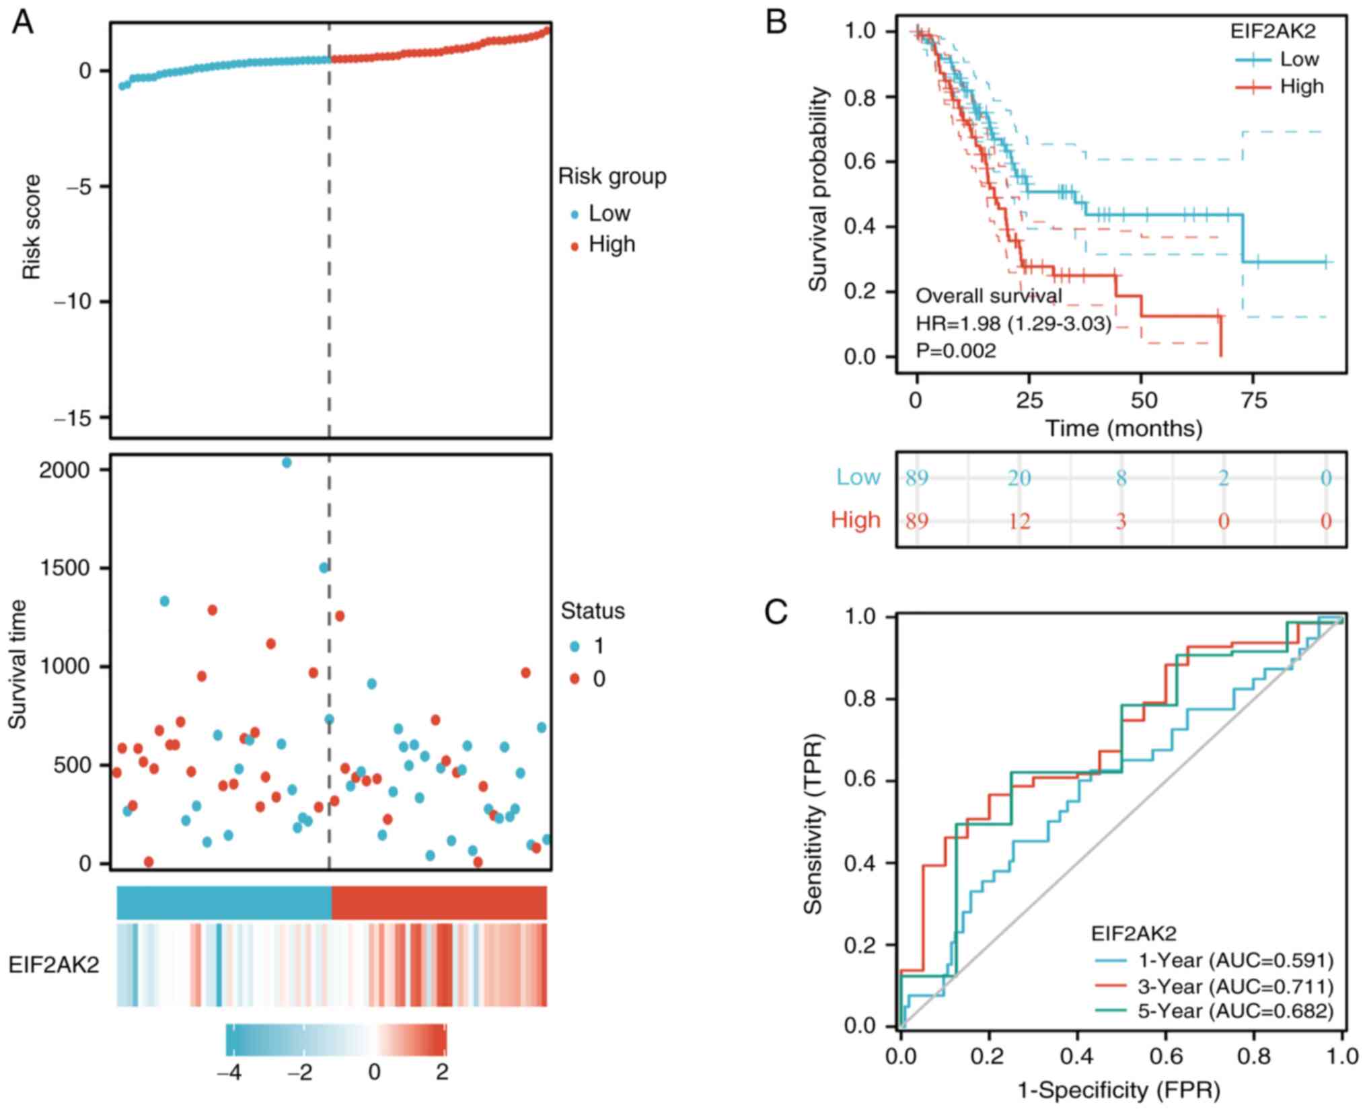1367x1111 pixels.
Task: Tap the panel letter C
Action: click(x=776, y=612)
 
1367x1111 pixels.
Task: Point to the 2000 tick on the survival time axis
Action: click(x=65, y=470)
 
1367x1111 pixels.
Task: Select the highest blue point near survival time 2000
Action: click(x=287, y=463)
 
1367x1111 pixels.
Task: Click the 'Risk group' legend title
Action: click(x=612, y=177)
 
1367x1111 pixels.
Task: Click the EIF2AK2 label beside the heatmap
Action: click(x=54, y=965)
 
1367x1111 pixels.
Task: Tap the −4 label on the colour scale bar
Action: click(x=229, y=1073)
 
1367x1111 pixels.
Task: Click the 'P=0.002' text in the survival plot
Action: click(x=955, y=350)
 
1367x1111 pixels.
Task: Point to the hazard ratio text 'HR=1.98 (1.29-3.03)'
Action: click(x=1014, y=324)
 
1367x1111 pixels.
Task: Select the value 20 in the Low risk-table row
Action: click(x=1019, y=477)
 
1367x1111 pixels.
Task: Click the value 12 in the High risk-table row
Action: click(x=1019, y=521)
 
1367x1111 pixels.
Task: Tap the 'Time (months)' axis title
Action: click(x=1123, y=428)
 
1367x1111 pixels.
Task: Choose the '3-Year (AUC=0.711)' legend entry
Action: click(x=1234, y=987)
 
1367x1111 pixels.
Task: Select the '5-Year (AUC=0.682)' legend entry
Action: click(x=1234, y=1011)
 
